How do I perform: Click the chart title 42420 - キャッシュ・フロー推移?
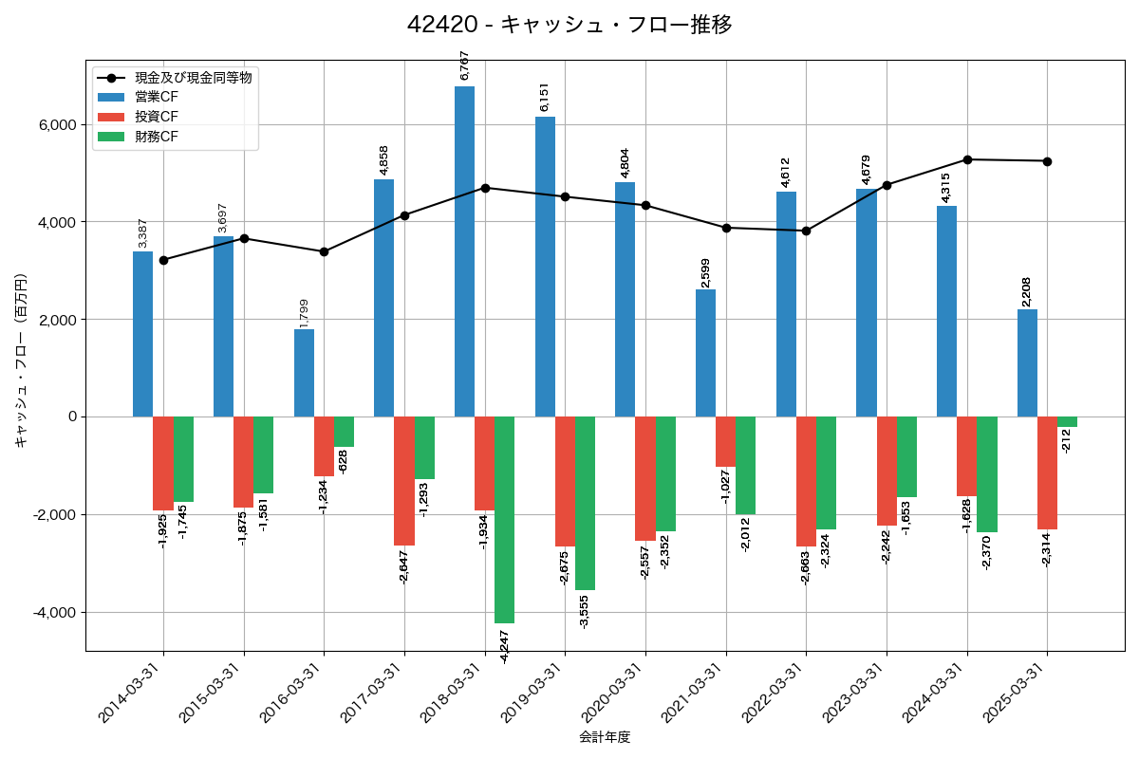click(569, 25)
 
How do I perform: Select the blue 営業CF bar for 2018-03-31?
click(464, 251)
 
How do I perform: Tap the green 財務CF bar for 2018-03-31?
click(504, 519)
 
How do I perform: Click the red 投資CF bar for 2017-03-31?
click(404, 481)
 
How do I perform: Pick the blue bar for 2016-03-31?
click(304, 373)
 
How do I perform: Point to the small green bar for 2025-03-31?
click(1067, 421)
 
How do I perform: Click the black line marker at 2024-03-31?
click(967, 159)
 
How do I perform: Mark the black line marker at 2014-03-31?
click(163, 260)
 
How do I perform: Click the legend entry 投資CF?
click(157, 117)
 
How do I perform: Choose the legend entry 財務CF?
click(157, 137)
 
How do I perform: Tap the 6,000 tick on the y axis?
click(56, 125)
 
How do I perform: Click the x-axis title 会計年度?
click(605, 737)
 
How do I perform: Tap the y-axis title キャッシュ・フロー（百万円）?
click(21, 361)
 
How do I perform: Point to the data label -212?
click(1067, 440)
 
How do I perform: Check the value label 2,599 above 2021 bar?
click(705, 273)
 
